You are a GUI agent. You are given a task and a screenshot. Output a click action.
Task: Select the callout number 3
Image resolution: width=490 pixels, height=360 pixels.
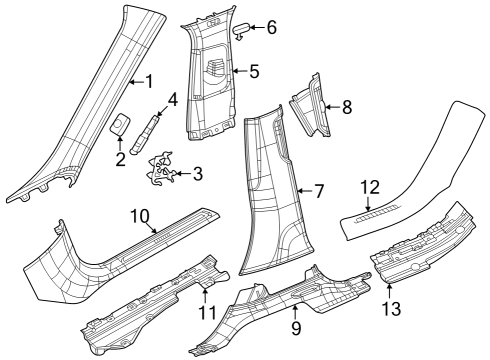coord(197,175)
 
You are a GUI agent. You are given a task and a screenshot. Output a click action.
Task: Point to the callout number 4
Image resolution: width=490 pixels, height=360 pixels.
coord(171,99)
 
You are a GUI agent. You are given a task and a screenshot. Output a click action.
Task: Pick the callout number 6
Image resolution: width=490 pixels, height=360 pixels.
coord(270,27)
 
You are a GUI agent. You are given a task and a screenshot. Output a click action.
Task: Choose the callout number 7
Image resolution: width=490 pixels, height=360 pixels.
coord(320,189)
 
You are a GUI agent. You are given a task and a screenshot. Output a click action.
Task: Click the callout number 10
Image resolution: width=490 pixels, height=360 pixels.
coord(140,214)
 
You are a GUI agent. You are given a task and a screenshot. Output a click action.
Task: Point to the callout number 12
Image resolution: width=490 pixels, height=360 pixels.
coord(371,186)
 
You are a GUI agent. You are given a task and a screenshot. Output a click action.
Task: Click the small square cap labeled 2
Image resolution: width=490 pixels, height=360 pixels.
coord(118,124)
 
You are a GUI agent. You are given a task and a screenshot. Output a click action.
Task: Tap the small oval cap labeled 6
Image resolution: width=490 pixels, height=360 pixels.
coord(240,30)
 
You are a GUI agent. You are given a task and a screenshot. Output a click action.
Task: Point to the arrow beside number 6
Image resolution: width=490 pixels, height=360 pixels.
coord(256,28)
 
